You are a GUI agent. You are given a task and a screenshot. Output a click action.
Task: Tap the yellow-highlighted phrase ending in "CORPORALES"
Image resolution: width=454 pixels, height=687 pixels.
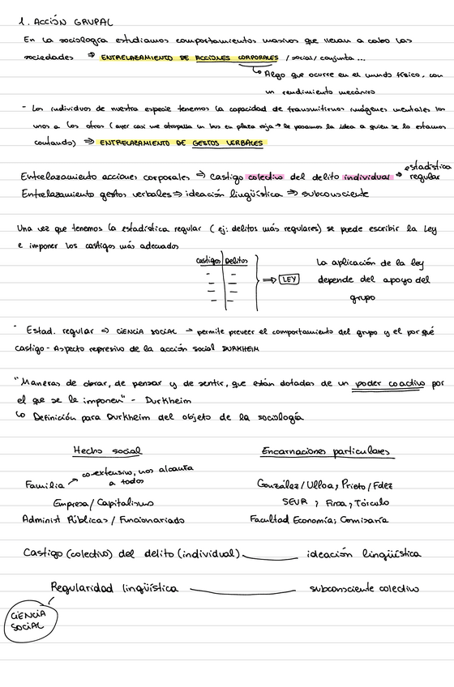point(185,58)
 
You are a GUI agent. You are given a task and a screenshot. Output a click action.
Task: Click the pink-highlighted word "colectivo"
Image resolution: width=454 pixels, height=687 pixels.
point(263,176)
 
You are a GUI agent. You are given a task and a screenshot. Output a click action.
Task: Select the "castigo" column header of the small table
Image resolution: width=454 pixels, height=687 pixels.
point(208,261)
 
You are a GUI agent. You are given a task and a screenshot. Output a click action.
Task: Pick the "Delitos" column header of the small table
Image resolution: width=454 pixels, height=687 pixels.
point(237,261)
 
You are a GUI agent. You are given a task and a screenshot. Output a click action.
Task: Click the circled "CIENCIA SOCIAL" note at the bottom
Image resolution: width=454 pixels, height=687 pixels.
point(28,622)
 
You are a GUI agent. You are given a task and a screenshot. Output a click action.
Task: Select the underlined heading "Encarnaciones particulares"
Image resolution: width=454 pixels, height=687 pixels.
point(326,450)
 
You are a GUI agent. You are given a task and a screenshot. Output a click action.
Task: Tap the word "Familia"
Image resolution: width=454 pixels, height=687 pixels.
point(45,485)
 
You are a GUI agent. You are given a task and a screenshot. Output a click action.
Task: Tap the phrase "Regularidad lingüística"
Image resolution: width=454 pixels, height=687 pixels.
point(114,588)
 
